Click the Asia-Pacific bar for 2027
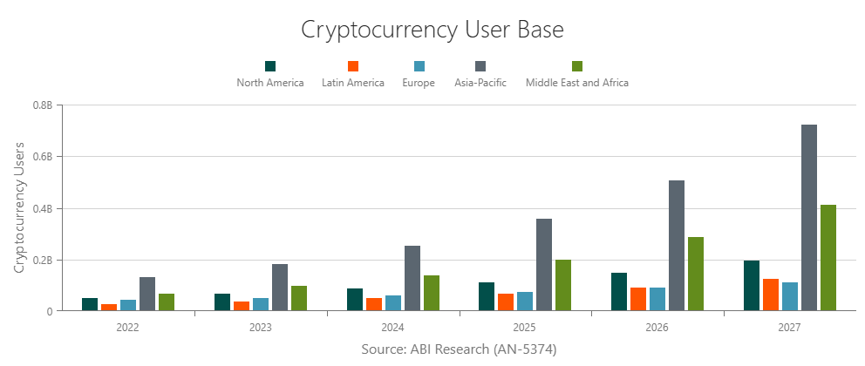(x=809, y=218)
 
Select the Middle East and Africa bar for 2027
(x=828, y=258)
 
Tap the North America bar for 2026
(x=619, y=292)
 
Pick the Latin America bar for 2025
(x=506, y=302)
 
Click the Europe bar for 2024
(x=393, y=303)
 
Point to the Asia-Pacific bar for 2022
(x=147, y=294)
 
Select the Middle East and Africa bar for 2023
(x=299, y=298)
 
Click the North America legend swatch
(x=270, y=66)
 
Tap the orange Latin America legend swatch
(x=353, y=66)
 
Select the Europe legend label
(x=419, y=84)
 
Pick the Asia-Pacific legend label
(x=480, y=84)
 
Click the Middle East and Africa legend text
(x=577, y=84)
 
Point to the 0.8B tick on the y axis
(x=43, y=105)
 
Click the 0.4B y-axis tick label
(x=43, y=209)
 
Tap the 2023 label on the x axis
(x=260, y=329)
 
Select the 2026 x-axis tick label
(x=657, y=329)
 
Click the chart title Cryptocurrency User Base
(x=432, y=29)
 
